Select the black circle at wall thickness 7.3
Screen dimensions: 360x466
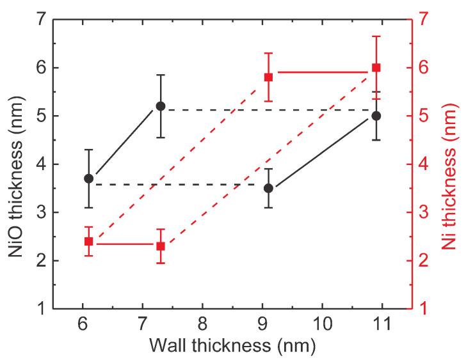[161, 106]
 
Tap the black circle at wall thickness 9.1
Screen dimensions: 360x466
[268, 188]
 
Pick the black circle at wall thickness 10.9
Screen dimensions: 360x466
[376, 116]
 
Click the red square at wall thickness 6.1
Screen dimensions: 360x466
[89, 241]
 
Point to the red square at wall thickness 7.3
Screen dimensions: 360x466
[161, 246]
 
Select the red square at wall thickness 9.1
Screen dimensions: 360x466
[268, 77]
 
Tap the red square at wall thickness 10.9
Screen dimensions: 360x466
[376, 67]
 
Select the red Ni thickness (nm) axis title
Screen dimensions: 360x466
[450, 164]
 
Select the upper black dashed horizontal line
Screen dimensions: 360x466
[269, 110]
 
